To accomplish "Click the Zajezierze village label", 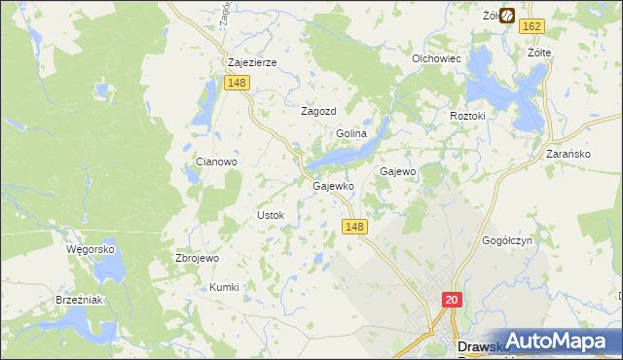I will (x=252, y=62).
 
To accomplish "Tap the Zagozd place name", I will (x=318, y=111).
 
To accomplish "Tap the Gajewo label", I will (x=398, y=171).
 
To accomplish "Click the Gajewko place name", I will (x=332, y=185).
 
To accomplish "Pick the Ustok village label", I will (x=270, y=214).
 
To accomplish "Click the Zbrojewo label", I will (x=197, y=258).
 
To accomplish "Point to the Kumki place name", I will (x=224, y=287).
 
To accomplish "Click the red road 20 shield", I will (x=452, y=301).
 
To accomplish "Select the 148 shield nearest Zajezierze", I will (x=237, y=84).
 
